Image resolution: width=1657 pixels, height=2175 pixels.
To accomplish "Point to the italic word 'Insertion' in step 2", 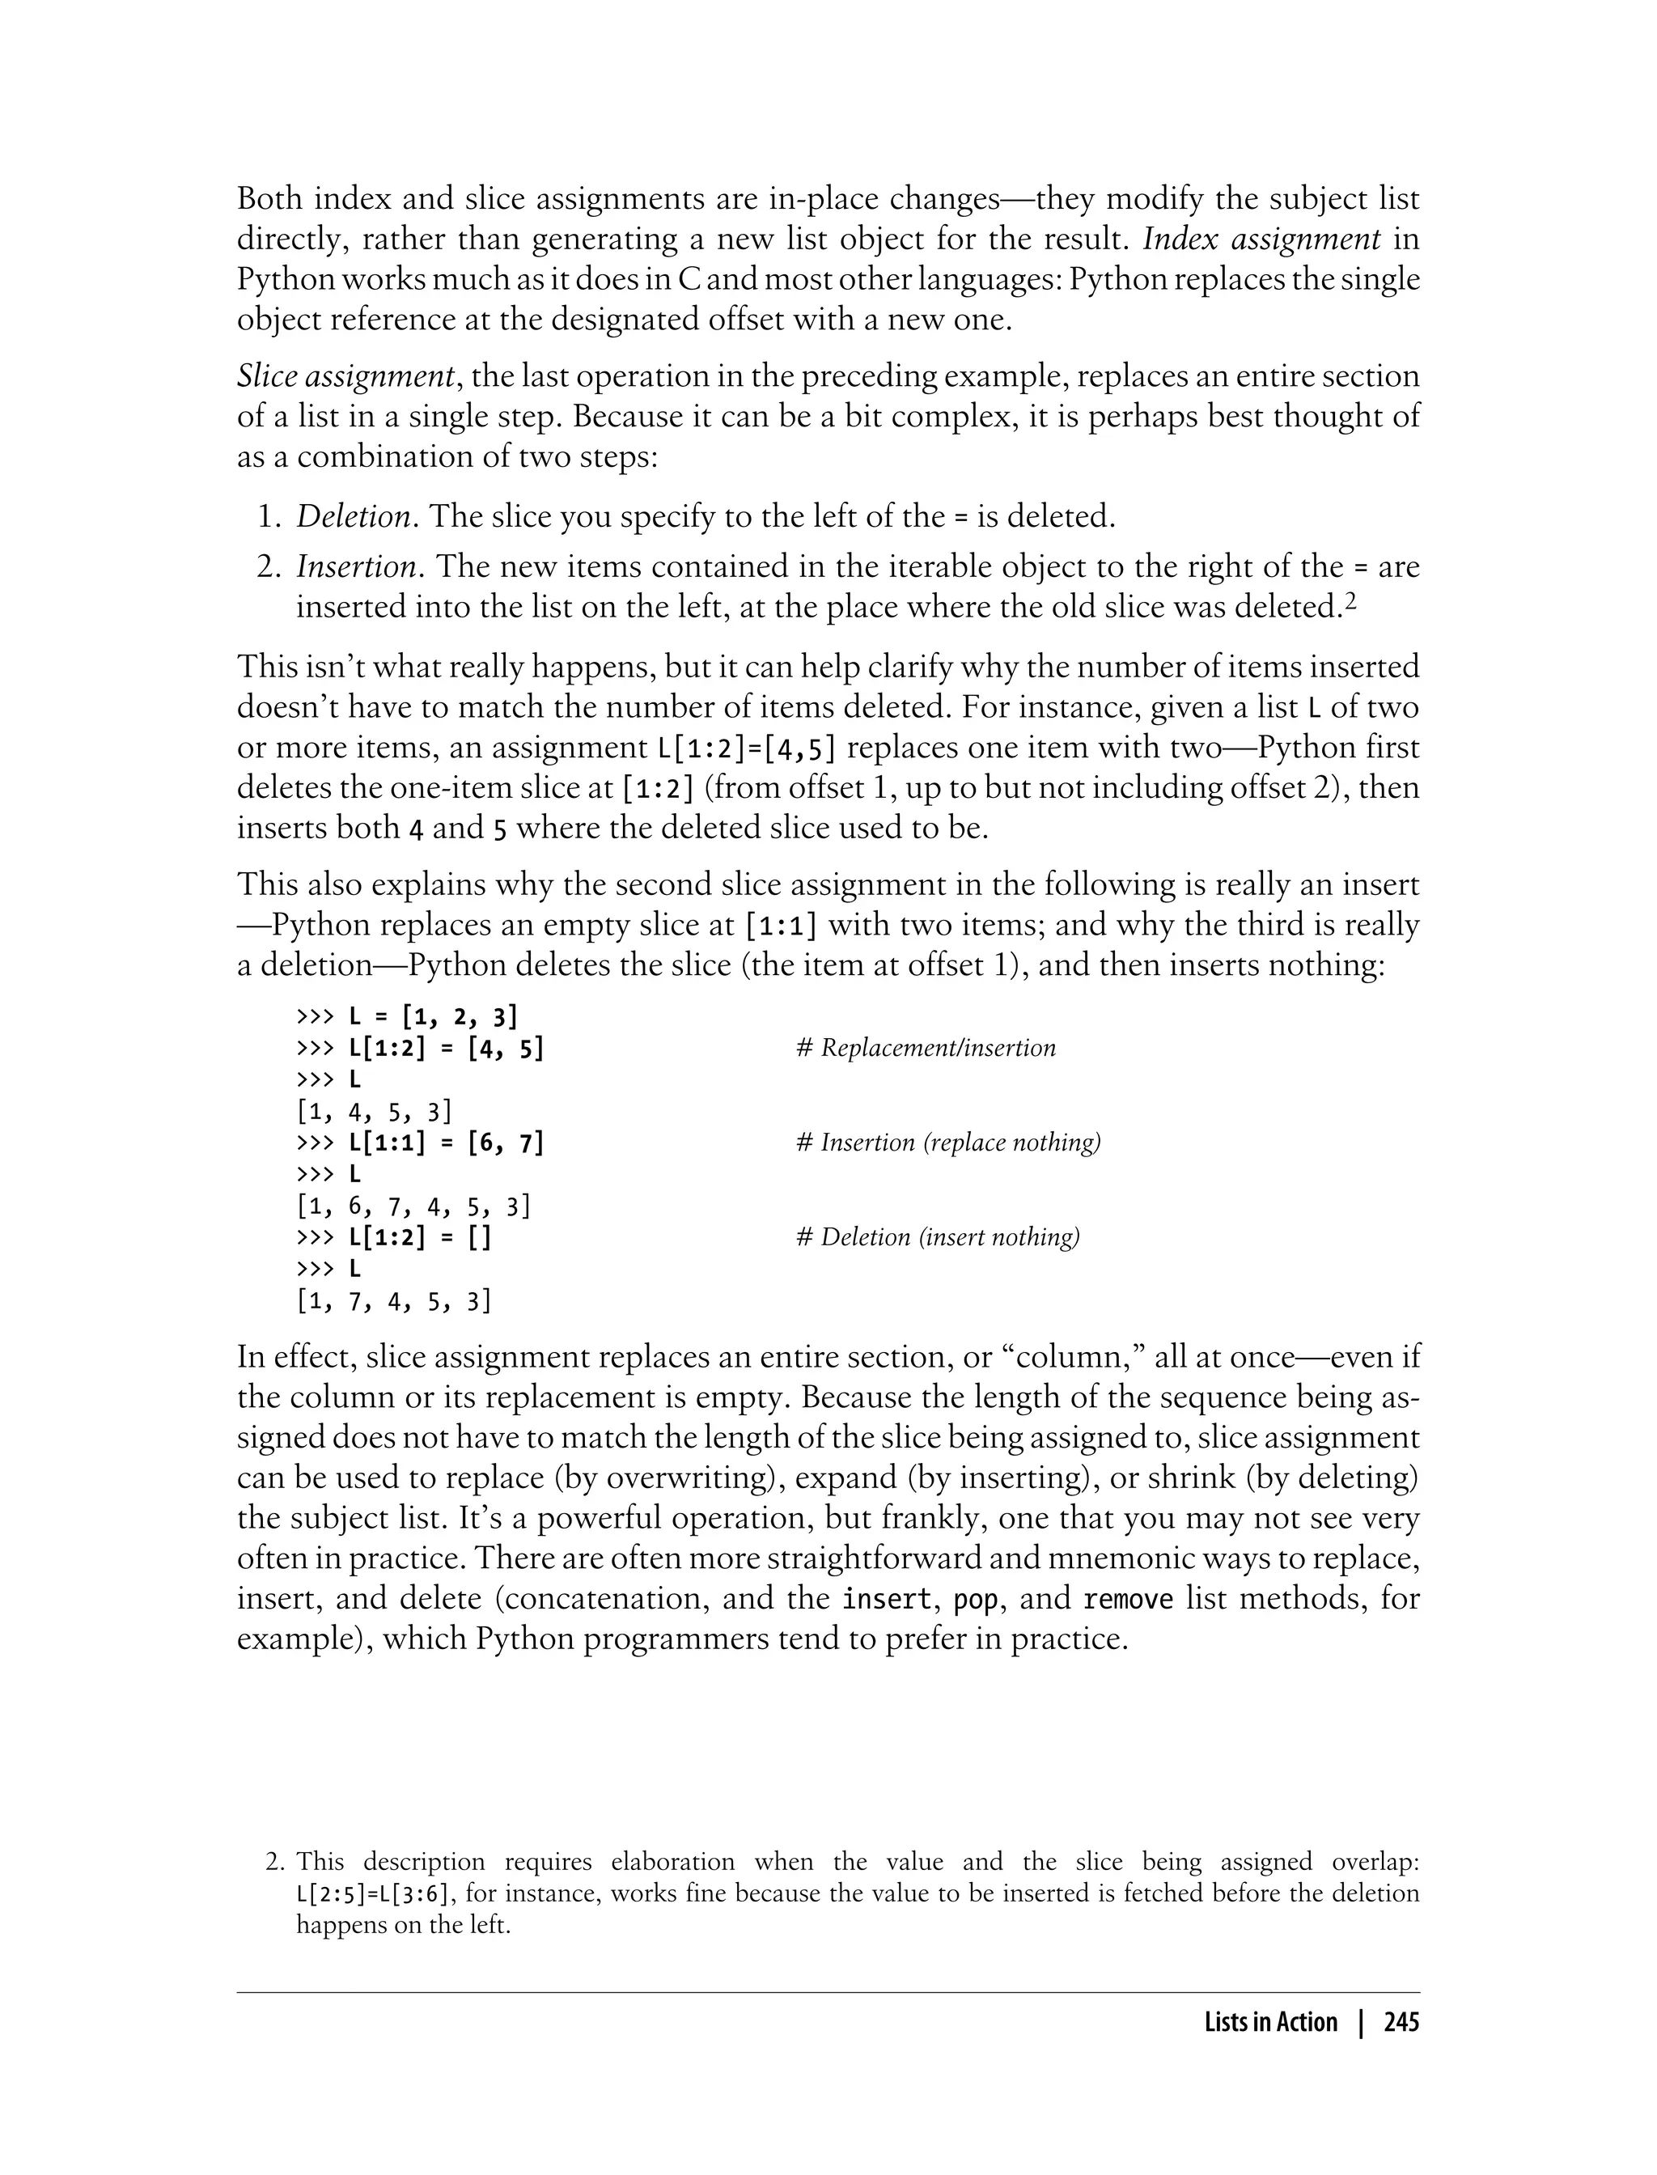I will coord(356,567).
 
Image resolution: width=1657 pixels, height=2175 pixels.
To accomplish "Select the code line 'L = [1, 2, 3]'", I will coord(434,1016).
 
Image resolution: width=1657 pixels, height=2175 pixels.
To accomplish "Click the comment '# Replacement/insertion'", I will coord(925,1048).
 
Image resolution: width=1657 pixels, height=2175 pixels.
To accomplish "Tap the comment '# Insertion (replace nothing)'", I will coord(948,1143).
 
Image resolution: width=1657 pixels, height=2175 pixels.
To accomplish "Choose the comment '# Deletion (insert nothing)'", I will coord(937,1237).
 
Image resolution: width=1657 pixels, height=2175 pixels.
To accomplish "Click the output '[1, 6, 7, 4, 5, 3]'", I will coord(413,1206).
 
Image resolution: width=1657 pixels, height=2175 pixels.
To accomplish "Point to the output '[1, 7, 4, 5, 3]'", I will coord(393,1301).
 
